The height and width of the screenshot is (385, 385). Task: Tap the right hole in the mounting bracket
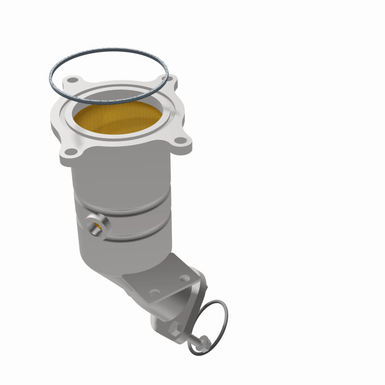184,278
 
